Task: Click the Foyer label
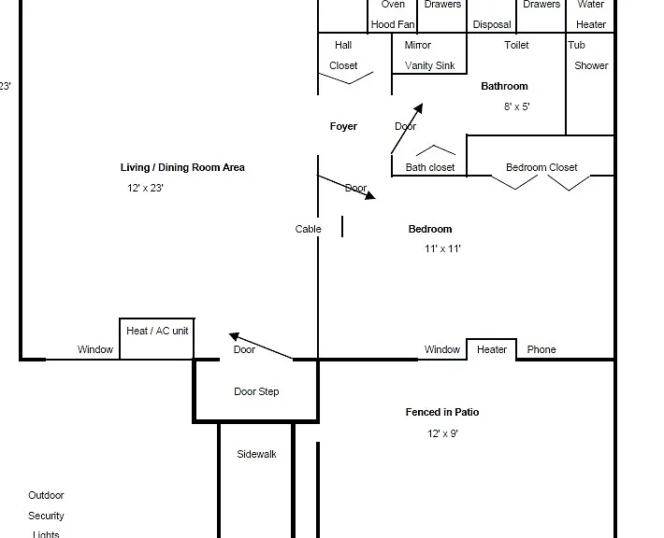click(x=343, y=126)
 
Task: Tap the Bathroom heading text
click(x=504, y=86)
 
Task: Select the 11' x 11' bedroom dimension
click(x=442, y=248)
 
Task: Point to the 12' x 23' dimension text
click(x=145, y=188)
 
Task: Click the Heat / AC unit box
click(x=157, y=338)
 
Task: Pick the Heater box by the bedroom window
click(x=492, y=349)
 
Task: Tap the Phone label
click(x=541, y=349)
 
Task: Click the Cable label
click(x=308, y=229)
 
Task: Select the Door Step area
click(x=255, y=390)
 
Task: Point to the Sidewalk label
click(x=256, y=454)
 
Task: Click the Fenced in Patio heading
click(x=442, y=412)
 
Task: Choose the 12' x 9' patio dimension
click(x=442, y=433)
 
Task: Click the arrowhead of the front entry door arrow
click(x=234, y=336)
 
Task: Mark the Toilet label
click(x=516, y=45)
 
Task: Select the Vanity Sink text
click(x=430, y=65)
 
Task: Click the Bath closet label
click(x=430, y=167)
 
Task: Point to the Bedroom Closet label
click(x=541, y=167)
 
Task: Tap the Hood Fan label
click(x=393, y=24)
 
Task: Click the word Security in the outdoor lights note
click(x=46, y=516)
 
